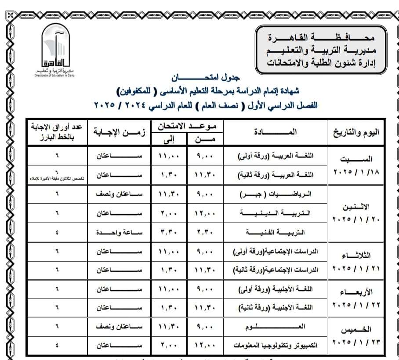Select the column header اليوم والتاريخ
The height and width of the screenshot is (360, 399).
(x=356, y=132)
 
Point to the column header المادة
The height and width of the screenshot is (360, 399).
(x=275, y=132)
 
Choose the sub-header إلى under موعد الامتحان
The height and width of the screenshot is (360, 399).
(x=169, y=139)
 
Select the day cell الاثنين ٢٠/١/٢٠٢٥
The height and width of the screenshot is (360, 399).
(x=356, y=212)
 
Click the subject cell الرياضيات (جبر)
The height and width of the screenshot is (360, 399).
(x=275, y=194)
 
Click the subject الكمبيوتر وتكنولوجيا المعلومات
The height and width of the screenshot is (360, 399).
(x=275, y=346)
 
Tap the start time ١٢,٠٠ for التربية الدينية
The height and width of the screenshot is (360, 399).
(x=205, y=213)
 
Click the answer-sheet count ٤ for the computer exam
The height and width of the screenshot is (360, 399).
(x=56, y=346)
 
